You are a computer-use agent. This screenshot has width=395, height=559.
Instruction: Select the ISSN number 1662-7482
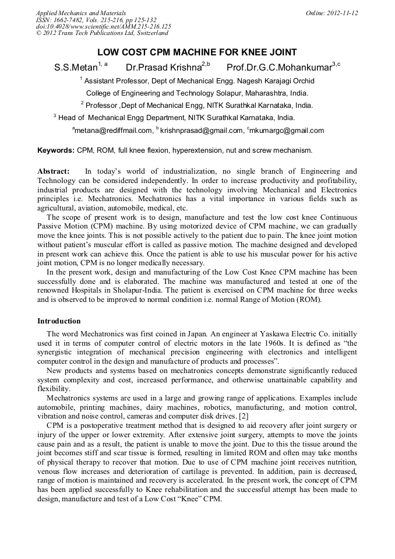coord(68,20)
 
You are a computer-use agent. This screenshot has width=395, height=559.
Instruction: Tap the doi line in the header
coord(103,27)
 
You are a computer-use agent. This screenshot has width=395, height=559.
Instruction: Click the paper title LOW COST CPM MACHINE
coord(197,52)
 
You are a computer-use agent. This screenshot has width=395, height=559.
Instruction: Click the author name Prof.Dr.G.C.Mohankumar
coord(278,67)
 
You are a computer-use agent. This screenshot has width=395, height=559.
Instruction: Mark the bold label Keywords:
coord(56,150)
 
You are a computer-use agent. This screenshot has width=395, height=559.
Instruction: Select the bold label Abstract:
coord(53,171)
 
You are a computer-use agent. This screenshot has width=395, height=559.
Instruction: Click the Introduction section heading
coord(59,321)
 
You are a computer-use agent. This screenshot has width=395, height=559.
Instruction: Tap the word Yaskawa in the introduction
coord(273,333)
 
